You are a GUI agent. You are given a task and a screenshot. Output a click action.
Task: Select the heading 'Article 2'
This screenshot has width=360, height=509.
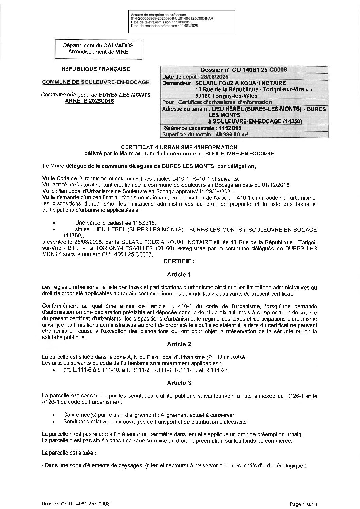[x=179, y=344]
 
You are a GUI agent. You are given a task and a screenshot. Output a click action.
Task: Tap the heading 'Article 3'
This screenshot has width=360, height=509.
[x=179, y=383]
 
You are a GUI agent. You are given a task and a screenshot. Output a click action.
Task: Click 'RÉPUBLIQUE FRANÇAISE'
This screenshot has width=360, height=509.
[x=95, y=69]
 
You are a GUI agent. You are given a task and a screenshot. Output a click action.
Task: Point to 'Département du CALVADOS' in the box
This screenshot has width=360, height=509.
[x=98, y=45]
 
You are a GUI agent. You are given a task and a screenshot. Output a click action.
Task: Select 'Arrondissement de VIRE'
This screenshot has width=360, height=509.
[x=98, y=52]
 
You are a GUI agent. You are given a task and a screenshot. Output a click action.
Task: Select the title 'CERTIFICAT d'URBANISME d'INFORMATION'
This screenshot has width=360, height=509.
[x=179, y=147]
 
